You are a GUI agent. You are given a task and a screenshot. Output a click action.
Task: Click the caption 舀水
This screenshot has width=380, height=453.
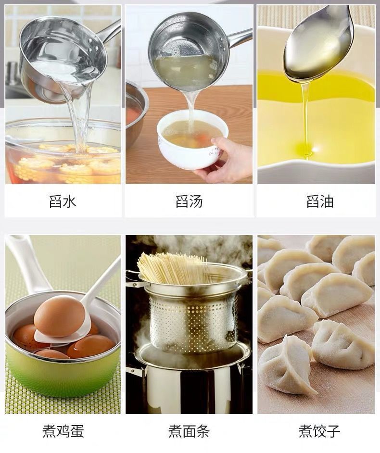coord(63,201)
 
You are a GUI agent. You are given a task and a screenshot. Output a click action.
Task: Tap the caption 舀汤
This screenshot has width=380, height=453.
coord(189,201)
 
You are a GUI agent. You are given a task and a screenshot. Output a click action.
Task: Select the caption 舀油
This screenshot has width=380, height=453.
coord(320,201)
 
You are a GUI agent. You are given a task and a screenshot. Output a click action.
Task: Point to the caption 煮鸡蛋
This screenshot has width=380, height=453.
coord(63,431)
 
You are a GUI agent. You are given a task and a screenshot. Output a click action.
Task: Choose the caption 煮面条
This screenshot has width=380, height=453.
coord(189,431)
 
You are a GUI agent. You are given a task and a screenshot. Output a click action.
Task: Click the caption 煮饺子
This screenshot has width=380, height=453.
coord(319,431)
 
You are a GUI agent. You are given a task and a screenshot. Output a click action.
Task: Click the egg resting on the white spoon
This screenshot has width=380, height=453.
coord(59,316)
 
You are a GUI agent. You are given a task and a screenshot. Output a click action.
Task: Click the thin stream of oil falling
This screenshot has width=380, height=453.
coord(305,115)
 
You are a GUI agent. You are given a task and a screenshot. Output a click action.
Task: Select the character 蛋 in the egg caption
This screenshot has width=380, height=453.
coord(77,431)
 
